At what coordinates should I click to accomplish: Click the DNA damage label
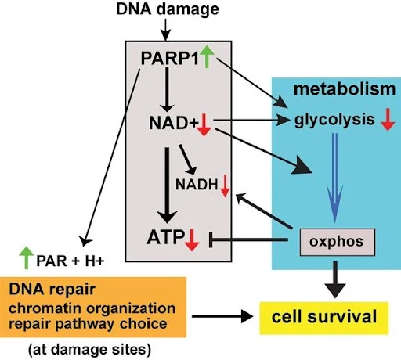click(x=168, y=9)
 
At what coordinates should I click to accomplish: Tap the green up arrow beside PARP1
click(x=207, y=56)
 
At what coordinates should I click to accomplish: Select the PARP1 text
click(x=170, y=58)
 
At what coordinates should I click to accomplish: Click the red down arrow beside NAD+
click(x=204, y=125)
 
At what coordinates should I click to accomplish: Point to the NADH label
click(x=197, y=185)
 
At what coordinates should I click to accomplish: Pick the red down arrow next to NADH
click(x=225, y=186)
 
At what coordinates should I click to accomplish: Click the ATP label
click(x=166, y=237)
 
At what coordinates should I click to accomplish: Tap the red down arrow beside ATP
click(x=192, y=239)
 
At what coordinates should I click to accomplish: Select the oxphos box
click(x=338, y=242)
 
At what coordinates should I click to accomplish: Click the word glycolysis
click(x=334, y=121)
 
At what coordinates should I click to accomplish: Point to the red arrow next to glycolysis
click(x=388, y=119)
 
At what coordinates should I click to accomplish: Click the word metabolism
click(x=345, y=89)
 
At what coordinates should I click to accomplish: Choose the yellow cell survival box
click(x=324, y=318)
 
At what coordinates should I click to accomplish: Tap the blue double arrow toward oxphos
click(x=335, y=178)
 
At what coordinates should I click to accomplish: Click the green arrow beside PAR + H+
click(x=27, y=257)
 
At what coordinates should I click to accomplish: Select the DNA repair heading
click(x=52, y=290)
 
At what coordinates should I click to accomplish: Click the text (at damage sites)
click(x=89, y=350)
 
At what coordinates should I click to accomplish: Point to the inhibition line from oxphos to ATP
click(x=249, y=239)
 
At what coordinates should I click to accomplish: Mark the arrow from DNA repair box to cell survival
click(x=222, y=316)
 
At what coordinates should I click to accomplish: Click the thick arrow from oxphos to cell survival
click(x=335, y=279)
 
